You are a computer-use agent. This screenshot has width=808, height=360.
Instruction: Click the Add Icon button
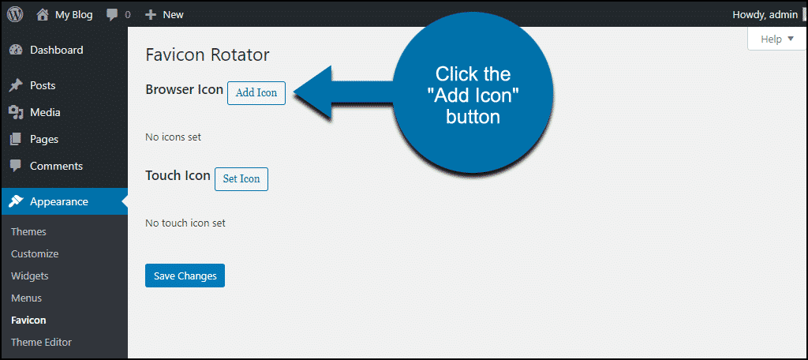click(256, 93)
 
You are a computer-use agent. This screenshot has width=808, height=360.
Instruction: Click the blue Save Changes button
click(185, 276)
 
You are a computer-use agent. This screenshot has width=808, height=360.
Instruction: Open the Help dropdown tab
click(777, 39)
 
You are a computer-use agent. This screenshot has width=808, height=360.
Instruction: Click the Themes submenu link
click(28, 232)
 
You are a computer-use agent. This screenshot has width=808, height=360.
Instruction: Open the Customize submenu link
click(35, 253)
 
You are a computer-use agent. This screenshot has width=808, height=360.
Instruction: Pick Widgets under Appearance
click(29, 276)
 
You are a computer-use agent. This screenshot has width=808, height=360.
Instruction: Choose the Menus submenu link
click(26, 298)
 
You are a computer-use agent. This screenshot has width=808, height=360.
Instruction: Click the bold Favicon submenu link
click(28, 321)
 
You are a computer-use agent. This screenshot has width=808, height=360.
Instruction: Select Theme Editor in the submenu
click(41, 343)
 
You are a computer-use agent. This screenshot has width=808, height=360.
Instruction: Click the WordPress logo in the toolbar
click(15, 14)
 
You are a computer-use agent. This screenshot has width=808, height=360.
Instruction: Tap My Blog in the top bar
click(65, 15)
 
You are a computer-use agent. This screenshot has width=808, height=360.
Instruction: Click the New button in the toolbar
click(164, 15)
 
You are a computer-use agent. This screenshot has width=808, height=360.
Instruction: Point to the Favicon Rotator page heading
click(208, 54)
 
